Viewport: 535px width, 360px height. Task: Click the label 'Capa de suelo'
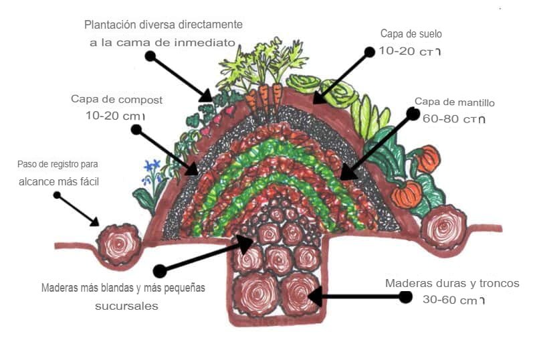(411, 33)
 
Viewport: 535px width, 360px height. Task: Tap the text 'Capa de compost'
(116, 99)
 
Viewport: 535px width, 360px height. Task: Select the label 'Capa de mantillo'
(454, 102)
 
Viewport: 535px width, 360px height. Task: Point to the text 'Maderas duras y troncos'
(451, 283)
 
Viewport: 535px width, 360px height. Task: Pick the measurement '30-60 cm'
(454, 300)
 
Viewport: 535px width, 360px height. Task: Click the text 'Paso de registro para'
(62, 164)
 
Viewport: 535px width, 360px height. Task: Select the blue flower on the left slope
(153, 167)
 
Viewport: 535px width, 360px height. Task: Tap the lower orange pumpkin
(406, 194)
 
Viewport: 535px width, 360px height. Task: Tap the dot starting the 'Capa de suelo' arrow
(368, 51)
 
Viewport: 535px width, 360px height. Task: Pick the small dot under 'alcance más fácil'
(57, 195)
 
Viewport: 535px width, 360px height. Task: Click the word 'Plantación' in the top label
(111, 25)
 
